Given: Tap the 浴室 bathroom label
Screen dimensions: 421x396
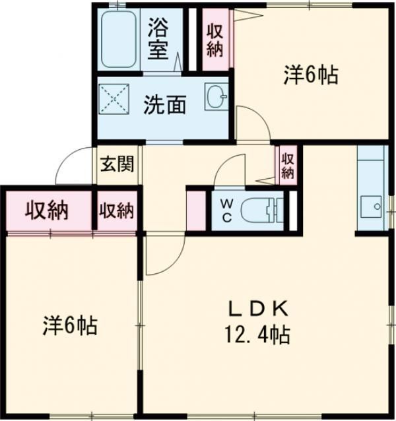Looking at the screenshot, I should (159, 38).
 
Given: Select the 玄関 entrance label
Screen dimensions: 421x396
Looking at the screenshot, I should (117, 164).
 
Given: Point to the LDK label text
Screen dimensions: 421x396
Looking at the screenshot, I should (259, 308).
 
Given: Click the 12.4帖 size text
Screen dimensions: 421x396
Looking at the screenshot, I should (259, 335).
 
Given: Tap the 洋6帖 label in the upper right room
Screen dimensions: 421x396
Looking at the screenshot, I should (311, 75).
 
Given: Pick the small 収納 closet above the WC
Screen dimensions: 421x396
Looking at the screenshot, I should (287, 165).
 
